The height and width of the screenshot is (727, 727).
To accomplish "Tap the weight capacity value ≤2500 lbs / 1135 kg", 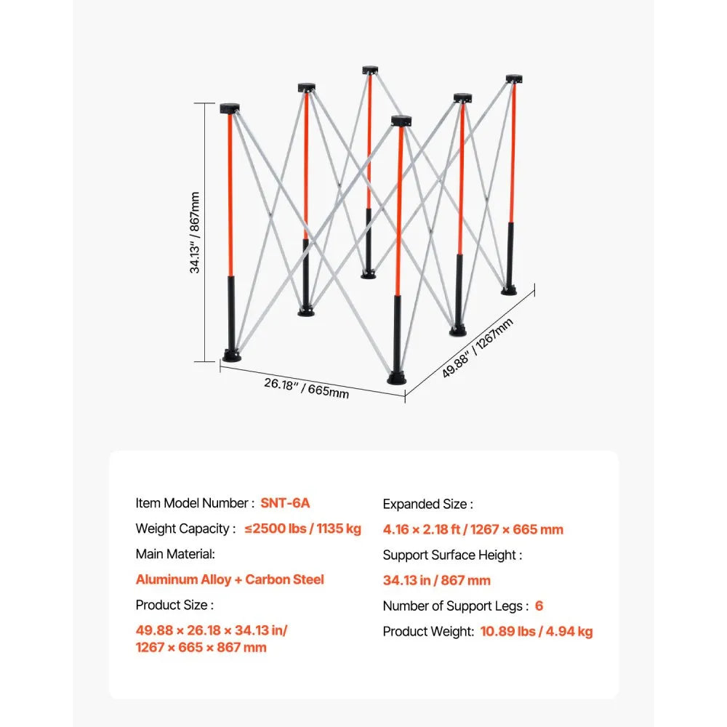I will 302,529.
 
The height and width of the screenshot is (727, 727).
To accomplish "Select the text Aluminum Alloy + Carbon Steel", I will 230,579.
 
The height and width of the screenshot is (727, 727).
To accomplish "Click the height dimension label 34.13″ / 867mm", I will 196,232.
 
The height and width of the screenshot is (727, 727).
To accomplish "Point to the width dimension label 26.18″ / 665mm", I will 306,387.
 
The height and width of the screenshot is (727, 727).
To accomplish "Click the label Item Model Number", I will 195,503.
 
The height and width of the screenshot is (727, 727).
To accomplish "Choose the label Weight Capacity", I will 186,529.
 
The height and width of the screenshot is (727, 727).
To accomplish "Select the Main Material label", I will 175,554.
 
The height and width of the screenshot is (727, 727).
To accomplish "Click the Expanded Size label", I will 428,504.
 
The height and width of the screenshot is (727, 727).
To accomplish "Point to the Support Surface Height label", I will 452,555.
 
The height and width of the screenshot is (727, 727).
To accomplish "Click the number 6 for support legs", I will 539,606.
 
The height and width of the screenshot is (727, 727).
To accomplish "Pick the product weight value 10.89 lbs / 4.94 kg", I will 537,631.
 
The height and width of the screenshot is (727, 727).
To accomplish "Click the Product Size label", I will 174,605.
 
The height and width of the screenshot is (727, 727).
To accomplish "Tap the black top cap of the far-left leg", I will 230,109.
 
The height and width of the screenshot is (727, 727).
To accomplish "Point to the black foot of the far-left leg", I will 232,356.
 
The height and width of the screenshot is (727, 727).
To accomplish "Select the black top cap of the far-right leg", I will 514,78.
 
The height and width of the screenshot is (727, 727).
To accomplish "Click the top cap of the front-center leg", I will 400,121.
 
